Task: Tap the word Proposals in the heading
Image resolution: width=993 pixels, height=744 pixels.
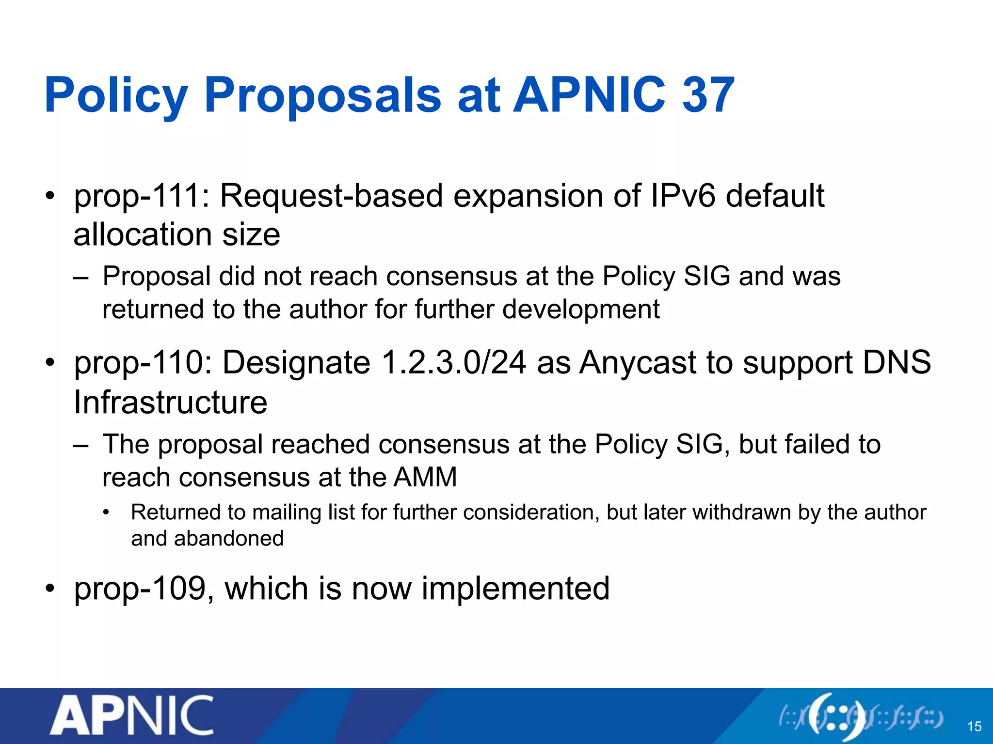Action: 322,96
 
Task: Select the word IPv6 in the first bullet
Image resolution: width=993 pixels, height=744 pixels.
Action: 683,196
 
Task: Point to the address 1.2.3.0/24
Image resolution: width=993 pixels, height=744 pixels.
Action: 454,363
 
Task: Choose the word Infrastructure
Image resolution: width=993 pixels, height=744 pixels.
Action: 171,403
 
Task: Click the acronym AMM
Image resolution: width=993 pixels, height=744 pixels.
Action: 425,477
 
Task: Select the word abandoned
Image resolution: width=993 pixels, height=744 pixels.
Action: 229,539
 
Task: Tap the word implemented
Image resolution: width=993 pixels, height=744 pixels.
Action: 515,589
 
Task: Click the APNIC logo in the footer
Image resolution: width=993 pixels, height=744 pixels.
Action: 132,715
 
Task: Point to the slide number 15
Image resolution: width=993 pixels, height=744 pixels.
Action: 974,727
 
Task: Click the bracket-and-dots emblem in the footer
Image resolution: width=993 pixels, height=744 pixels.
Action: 861,717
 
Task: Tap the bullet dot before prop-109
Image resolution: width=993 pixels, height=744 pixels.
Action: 49,589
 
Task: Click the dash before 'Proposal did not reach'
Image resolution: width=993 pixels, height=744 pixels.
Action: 80,278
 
